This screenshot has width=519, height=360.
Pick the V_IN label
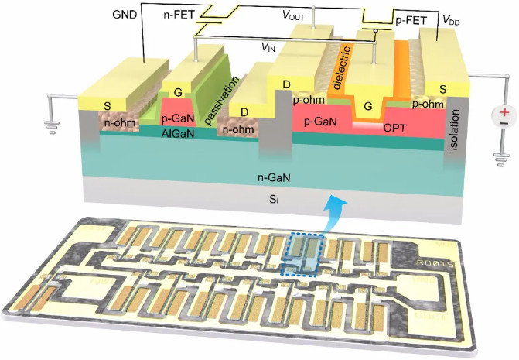click(268, 48)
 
